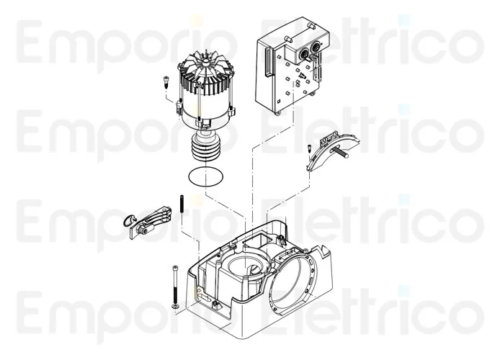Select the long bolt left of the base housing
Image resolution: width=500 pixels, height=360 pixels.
[x=174, y=284]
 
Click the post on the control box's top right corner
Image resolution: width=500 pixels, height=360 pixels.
[x=312, y=26]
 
